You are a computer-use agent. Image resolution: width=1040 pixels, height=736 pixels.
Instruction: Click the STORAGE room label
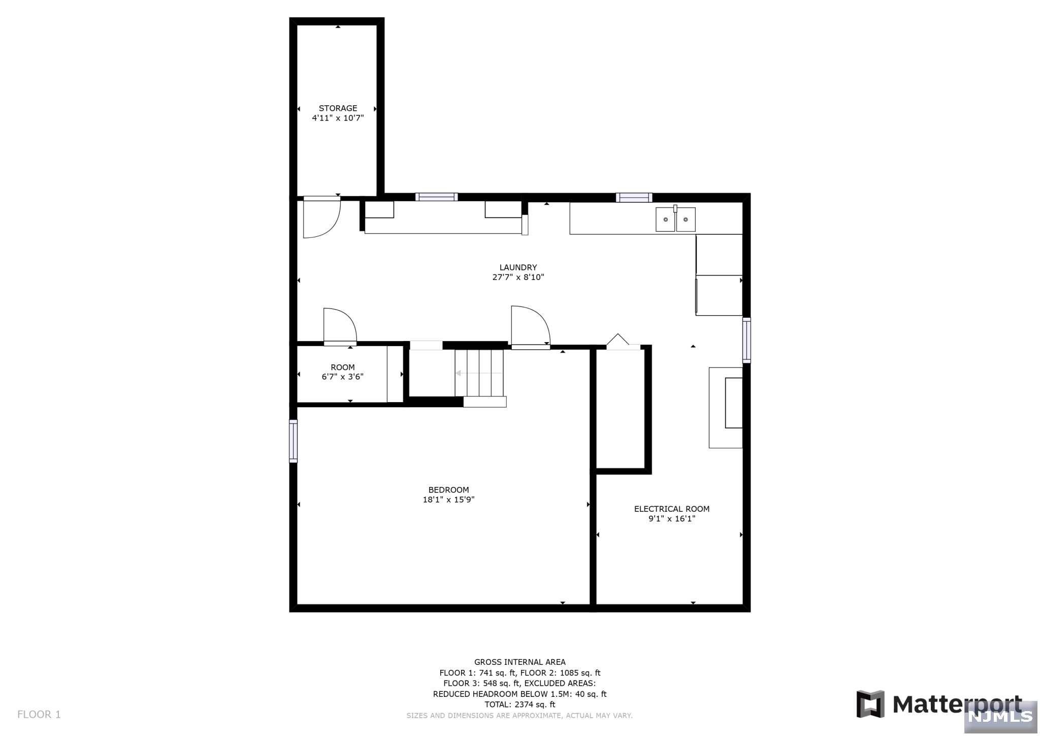click(x=338, y=108)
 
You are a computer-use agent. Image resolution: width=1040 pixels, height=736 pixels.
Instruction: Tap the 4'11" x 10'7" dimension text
click(x=338, y=118)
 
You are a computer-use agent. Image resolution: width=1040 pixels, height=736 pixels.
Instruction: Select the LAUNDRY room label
click(x=518, y=267)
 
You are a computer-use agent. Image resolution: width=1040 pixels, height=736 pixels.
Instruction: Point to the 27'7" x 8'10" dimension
click(x=518, y=277)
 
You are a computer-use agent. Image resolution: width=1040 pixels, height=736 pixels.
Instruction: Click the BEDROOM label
click(x=448, y=490)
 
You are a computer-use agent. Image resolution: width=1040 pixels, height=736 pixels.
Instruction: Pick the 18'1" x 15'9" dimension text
click(x=448, y=500)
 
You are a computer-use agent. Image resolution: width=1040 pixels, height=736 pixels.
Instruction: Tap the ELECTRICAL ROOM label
click(x=671, y=509)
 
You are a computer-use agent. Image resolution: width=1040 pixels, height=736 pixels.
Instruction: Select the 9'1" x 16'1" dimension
click(x=671, y=518)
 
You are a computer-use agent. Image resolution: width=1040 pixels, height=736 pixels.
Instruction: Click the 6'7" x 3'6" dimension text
click(x=342, y=377)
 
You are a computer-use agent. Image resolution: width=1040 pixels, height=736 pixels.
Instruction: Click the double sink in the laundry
click(x=675, y=220)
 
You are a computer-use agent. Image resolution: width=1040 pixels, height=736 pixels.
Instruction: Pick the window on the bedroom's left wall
click(x=293, y=441)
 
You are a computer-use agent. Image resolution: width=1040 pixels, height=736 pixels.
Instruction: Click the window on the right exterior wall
click(x=746, y=340)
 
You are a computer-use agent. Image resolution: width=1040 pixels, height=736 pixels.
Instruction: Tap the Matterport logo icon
click(x=870, y=704)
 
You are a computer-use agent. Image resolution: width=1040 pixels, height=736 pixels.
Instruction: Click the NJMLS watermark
click(x=1000, y=716)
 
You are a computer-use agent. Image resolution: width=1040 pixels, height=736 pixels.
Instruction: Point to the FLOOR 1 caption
click(x=39, y=715)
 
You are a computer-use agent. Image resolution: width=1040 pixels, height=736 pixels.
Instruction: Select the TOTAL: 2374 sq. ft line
click(x=519, y=704)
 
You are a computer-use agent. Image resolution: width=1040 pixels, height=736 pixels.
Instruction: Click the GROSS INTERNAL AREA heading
click(x=519, y=662)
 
